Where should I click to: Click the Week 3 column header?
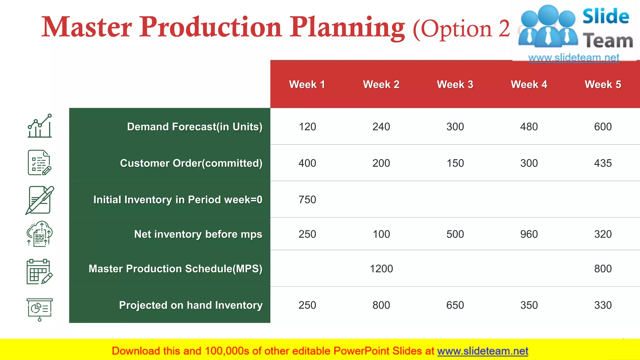pos(455,84)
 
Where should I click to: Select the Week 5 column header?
pos(603,84)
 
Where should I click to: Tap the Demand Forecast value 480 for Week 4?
pos(529,127)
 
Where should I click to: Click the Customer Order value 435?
pos(603,163)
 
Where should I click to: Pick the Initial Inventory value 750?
pos(307,199)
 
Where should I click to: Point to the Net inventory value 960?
pos(529,234)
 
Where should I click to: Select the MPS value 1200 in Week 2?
pos(381,268)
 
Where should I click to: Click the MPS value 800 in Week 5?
pos(603,268)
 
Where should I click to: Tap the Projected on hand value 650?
pos(455,305)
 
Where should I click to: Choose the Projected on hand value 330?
pos(603,305)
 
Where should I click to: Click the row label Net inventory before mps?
pos(198,234)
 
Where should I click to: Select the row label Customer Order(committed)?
pos(191,163)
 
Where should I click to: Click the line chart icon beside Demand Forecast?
pos(40,126)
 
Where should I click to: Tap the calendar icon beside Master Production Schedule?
pos(39,272)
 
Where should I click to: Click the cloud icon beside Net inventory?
pos(39,234)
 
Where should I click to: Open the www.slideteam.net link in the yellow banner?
pos(482,351)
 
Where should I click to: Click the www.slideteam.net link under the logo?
pos(573,57)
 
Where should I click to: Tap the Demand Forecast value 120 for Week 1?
pos(307,127)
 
